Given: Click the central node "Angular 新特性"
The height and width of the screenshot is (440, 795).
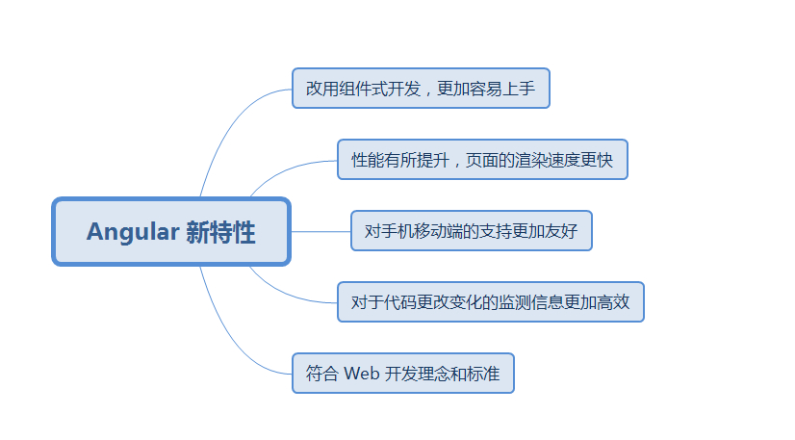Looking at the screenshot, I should tap(170, 232).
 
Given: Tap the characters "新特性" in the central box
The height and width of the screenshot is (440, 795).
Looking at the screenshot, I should tap(220, 232).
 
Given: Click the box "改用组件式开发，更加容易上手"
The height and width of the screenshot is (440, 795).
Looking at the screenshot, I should tap(421, 89).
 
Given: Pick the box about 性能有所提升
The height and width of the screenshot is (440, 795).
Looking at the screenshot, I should tap(482, 160).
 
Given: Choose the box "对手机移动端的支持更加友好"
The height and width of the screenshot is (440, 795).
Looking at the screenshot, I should tap(471, 231).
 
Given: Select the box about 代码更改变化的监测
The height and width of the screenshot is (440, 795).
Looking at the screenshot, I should tap(490, 302).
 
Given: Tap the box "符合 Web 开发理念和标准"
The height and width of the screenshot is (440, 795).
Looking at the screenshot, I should tap(403, 374).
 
